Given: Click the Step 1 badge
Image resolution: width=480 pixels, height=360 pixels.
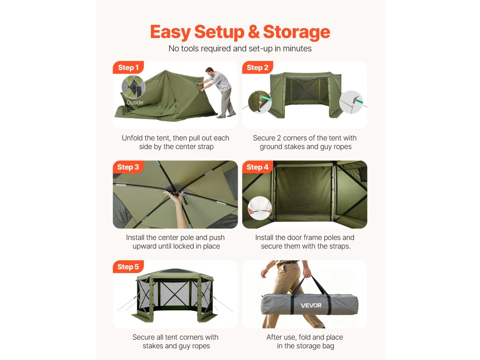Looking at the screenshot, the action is (x=128, y=67).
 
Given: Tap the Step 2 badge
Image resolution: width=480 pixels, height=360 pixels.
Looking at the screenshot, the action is (x=257, y=67).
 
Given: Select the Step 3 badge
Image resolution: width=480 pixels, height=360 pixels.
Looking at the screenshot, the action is (x=128, y=167).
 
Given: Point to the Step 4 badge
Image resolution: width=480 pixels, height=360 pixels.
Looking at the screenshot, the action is (x=257, y=167).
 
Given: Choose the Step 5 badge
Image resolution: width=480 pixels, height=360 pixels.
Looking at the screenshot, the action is (x=128, y=267).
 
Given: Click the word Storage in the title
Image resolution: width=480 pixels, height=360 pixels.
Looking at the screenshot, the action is (x=297, y=32).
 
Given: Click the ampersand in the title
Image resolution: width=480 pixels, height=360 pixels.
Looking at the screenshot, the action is (x=254, y=32).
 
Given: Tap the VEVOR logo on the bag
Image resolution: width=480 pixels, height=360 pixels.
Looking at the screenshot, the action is (x=311, y=305).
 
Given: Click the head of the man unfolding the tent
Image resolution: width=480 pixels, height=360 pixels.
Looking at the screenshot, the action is (x=210, y=72).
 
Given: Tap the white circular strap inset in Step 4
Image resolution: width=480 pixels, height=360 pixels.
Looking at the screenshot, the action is (x=260, y=208).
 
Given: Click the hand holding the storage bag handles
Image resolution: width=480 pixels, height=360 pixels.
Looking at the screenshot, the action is (x=307, y=272).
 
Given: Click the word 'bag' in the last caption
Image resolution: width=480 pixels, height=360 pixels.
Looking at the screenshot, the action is (x=327, y=346).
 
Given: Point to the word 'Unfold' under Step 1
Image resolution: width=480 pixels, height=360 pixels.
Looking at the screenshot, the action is (x=132, y=138).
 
